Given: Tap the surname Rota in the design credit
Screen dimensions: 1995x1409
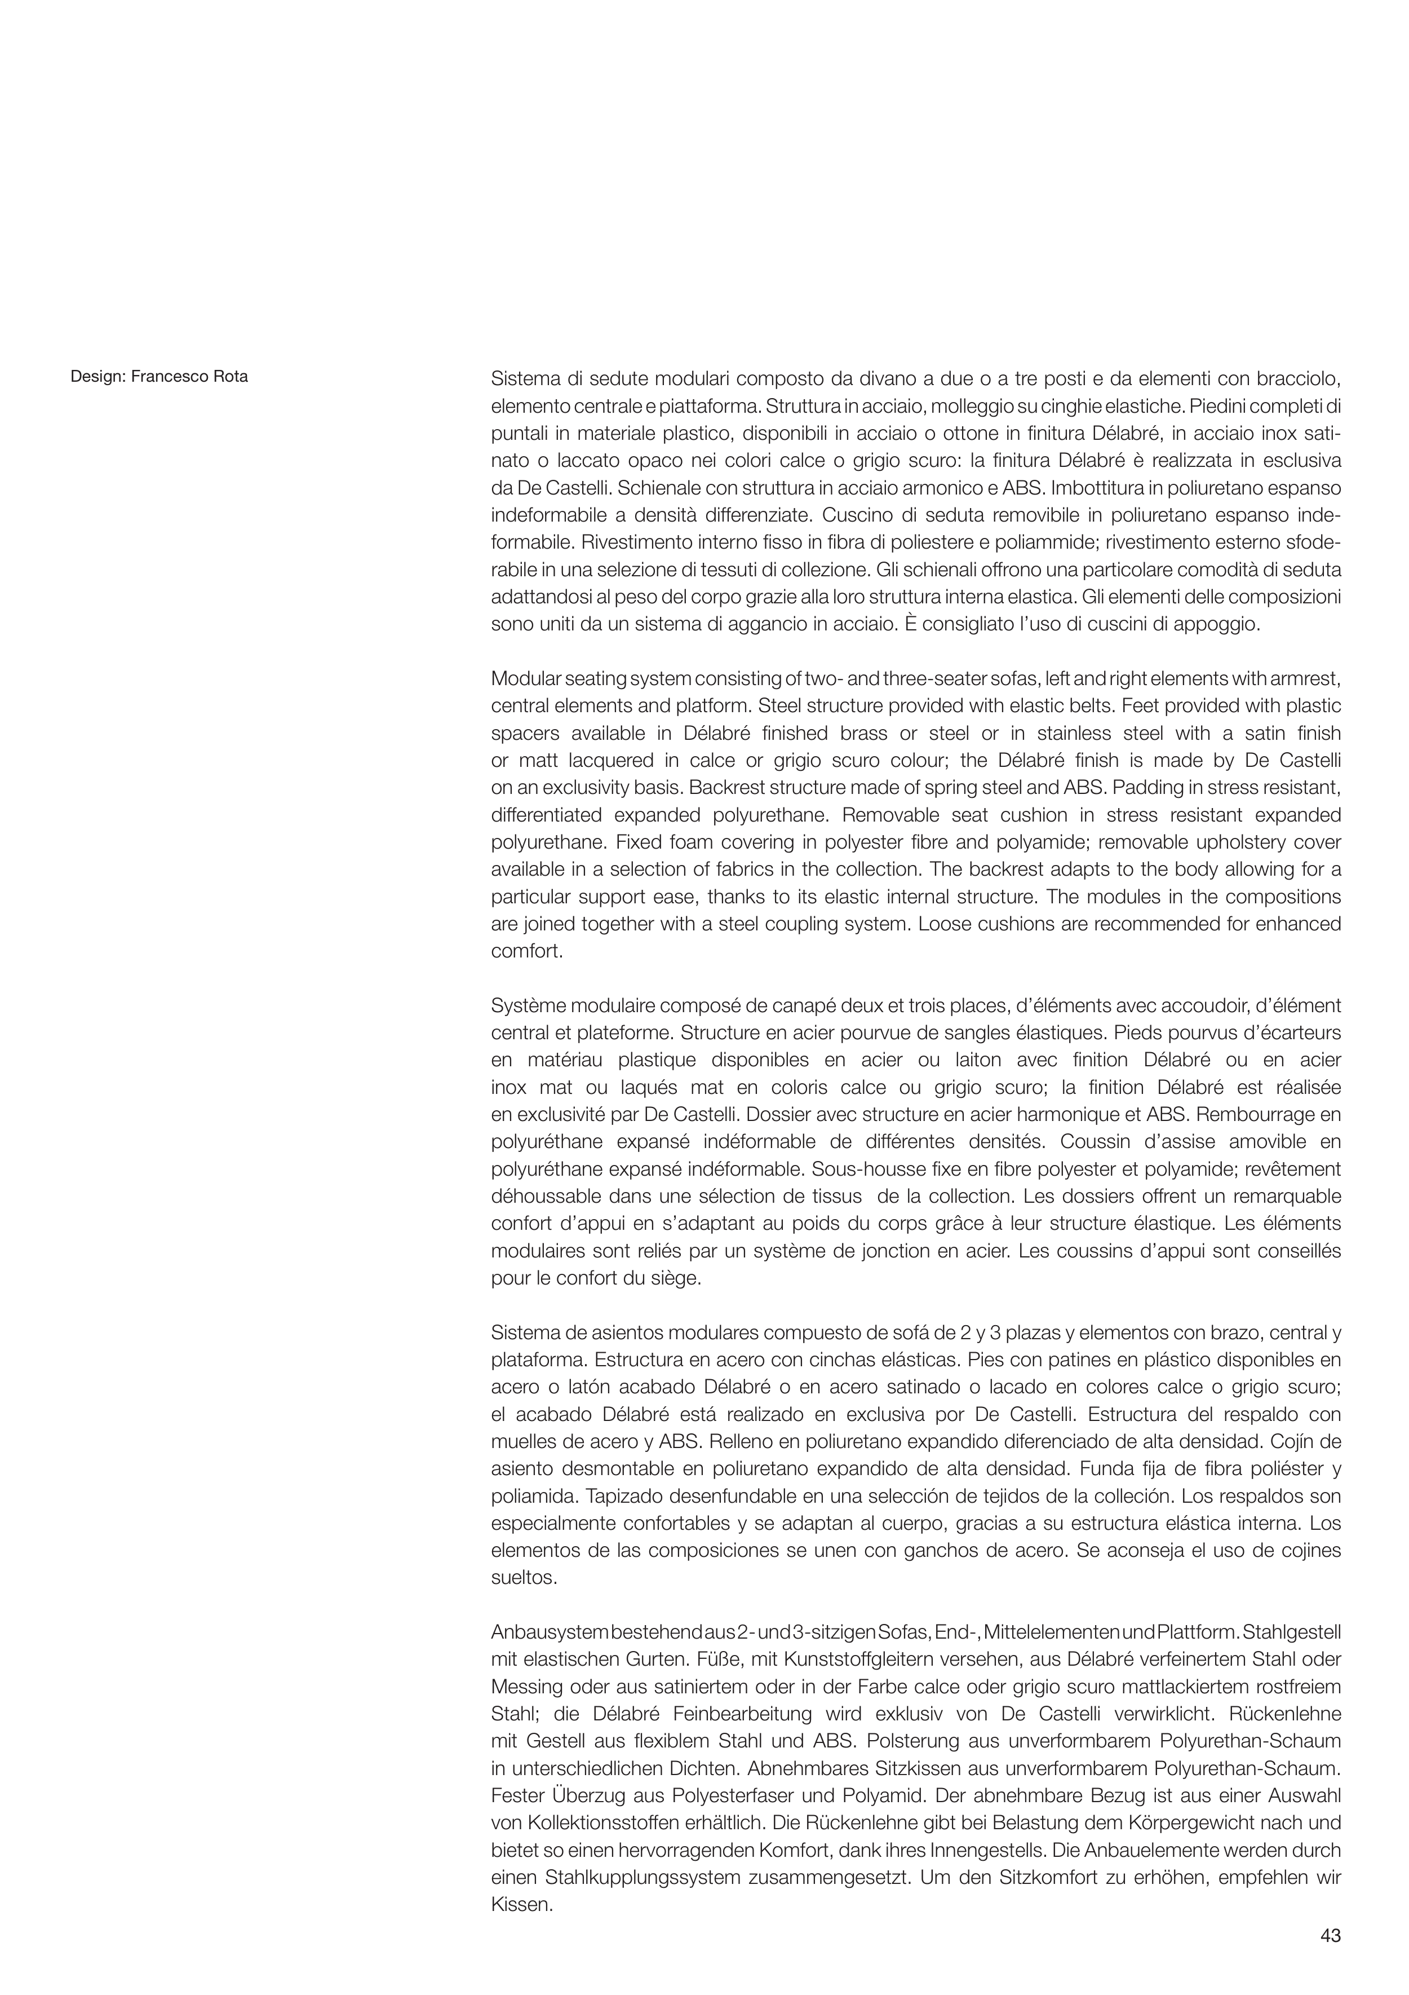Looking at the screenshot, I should point(230,377).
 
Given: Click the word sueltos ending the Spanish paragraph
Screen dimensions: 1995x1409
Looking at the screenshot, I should point(524,1578).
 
